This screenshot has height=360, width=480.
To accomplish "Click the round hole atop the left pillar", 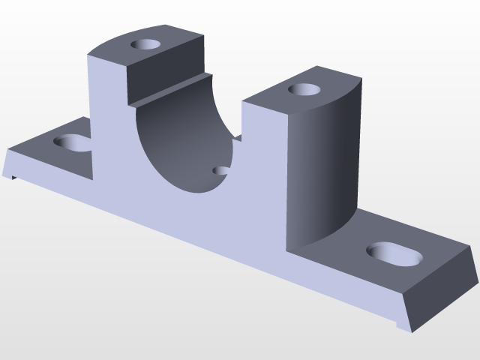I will click(x=146, y=44).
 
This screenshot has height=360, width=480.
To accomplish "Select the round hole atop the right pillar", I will click(x=304, y=90).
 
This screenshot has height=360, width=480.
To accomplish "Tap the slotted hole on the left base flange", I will click(x=73, y=141).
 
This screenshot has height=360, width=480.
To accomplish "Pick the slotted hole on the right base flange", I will click(x=393, y=254).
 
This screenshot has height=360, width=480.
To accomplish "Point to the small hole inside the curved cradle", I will click(x=221, y=171).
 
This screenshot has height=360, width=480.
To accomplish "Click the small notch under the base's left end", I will click(x=14, y=177).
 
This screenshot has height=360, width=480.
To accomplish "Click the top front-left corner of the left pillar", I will click(x=88, y=55).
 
